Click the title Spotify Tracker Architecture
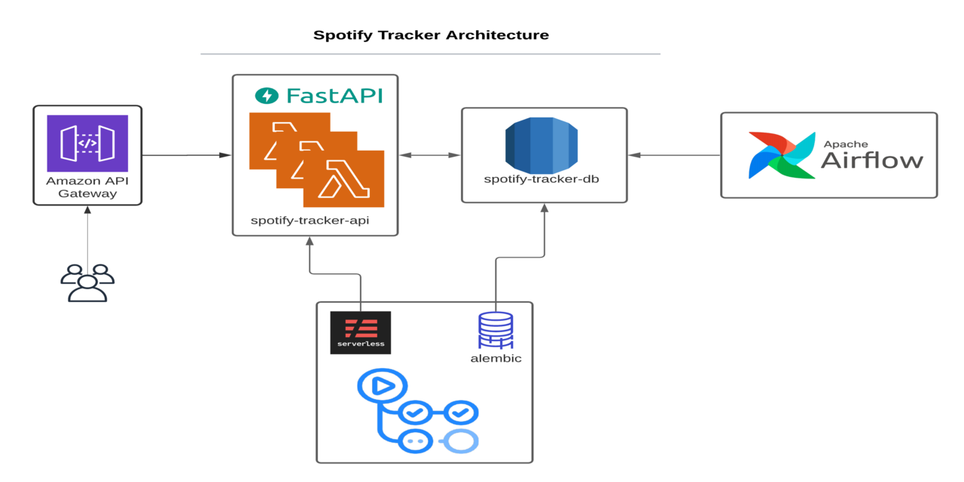[x=431, y=35]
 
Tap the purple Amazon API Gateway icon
[x=87, y=143]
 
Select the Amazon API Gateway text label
[x=87, y=188]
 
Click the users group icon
[x=87, y=282]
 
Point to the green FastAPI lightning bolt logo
[x=267, y=96]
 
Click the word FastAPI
[x=334, y=96]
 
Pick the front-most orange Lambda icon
[x=344, y=178]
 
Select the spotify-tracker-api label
[x=310, y=221]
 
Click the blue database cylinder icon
[x=541, y=145]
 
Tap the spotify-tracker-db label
[x=541, y=179]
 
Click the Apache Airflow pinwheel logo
[x=782, y=155]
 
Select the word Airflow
[x=872, y=160]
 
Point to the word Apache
[x=846, y=144]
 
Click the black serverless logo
[x=361, y=333]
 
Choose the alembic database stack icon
[x=496, y=330]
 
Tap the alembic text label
[x=496, y=358]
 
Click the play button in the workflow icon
[x=383, y=386]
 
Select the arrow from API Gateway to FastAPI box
[x=187, y=155]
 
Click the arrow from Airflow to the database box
[x=674, y=155]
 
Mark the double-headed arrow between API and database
[x=430, y=155]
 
